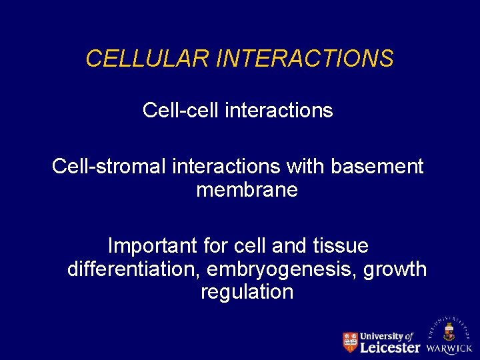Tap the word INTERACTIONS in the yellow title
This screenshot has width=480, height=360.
pyautogui.click(x=305, y=59)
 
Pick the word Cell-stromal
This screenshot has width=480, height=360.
pyautogui.click(x=109, y=166)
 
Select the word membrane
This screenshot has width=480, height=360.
pyautogui.click(x=247, y=190)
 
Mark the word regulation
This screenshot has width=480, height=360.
pyautogui.click(x=247, y=292)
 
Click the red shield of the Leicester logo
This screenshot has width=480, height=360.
pyautogui.click(x=350, y=342)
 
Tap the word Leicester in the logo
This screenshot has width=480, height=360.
pyautogui.click(x=390, y=347)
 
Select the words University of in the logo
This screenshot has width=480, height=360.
pyautogui.click(x=387, y=336)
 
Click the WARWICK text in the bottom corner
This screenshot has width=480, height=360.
pyautogui.click(x=449, y=349)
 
